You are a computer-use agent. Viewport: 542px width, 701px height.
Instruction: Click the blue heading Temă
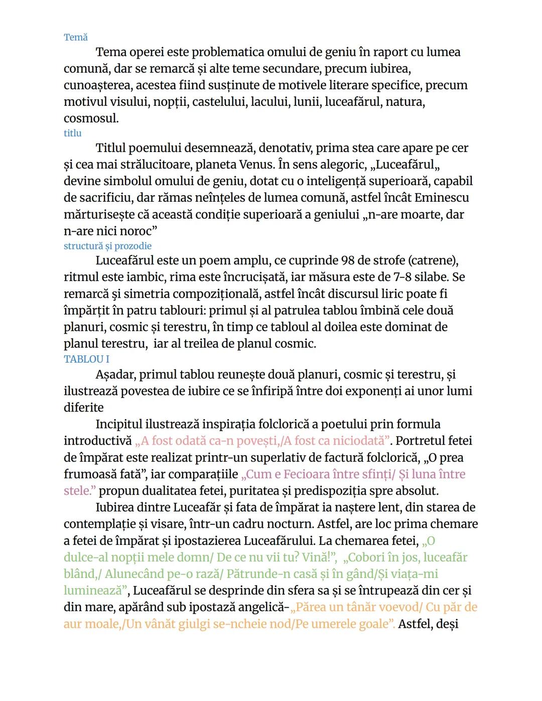point(76,38)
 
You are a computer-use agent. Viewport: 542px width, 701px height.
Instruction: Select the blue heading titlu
point(72,133)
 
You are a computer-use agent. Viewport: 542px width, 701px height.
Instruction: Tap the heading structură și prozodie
point(107,246)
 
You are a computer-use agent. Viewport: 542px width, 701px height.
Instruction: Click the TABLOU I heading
point(86,359)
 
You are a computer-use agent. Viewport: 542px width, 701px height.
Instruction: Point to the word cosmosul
point(91,119)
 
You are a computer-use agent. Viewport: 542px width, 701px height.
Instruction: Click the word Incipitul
point(119,425)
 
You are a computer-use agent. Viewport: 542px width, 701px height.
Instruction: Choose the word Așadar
point(115,375)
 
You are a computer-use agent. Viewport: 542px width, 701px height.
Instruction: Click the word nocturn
point(291,524)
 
